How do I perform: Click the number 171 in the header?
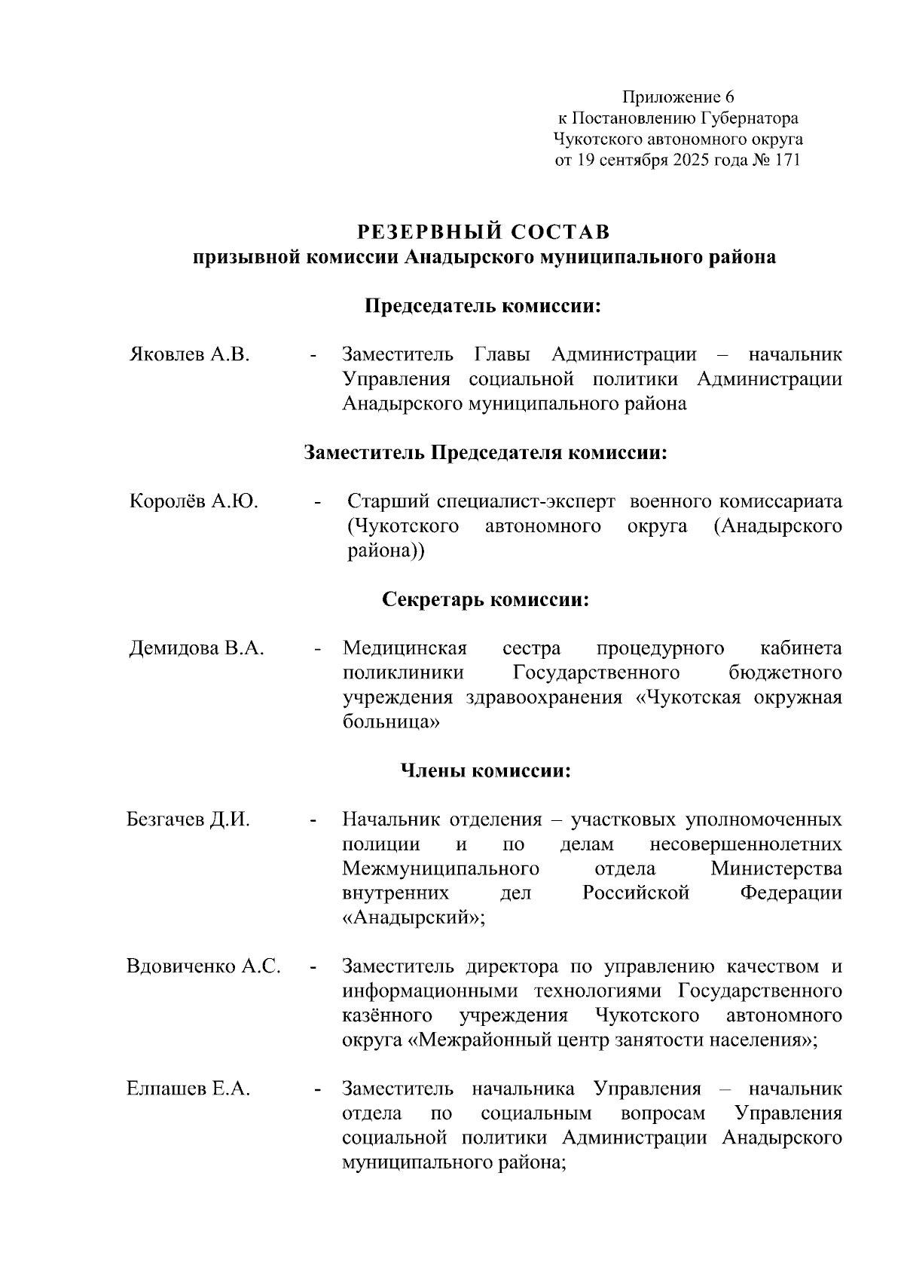click(785, 161)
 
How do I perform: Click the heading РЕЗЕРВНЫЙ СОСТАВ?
click(483, 231)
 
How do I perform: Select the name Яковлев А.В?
click(189, 354)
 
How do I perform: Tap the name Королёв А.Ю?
click(194, 501)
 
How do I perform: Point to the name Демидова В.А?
click(197, 648)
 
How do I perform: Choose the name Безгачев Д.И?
click(188, 819)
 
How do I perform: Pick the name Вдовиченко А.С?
click(203, 966)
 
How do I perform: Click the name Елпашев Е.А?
click(188, 1089)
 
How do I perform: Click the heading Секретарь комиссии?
click(485, 600)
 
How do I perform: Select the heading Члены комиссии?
click(485, 771)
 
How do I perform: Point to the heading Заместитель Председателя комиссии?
click(486, 453)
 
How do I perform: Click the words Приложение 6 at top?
click(677, 97)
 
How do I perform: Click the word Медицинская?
click(405, 648)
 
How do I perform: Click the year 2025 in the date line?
click(691, 161)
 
